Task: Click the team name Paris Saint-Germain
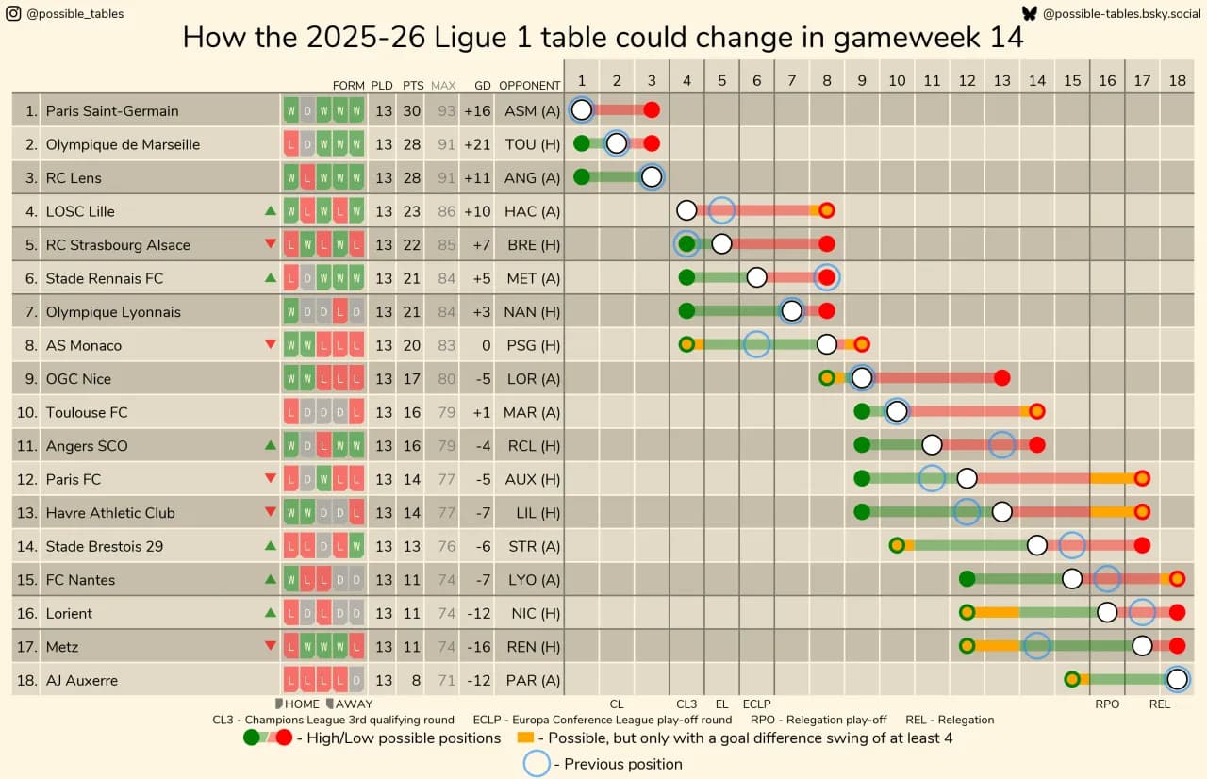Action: [x=111, y=110]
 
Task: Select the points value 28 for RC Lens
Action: [x=412, y=177]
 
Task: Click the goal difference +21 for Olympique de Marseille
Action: [x=477, y=144]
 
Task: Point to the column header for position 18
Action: [x=1176, y=80]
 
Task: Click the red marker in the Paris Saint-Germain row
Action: [x=652, y=110]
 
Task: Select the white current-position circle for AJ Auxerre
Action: [x=1176, y=679]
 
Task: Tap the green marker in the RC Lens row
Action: [x=582, y=177]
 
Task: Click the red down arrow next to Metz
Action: [x=271, y=646]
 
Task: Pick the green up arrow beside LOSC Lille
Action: [x=271, y=211]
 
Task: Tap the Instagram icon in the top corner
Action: [x=14, y=14]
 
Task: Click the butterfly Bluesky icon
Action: [x=1029, y=14]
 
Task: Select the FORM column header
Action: [x=348, y=85]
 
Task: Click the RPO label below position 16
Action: [x=1106, y=704]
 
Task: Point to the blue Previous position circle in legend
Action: [x=537, y=763]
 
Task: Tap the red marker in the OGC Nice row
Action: [x=1001, y=378]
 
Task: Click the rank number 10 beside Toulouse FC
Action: [x=27, y=412]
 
